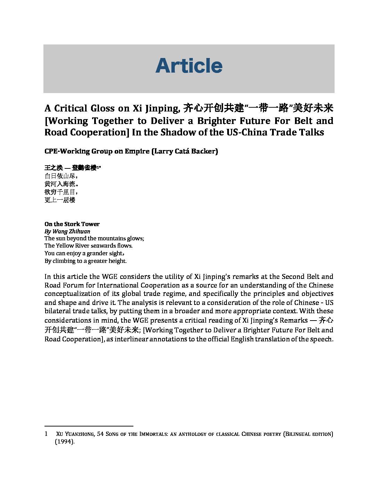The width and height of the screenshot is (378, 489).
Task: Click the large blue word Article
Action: coord(189,66)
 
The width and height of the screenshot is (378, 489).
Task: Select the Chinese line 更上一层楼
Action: coord(60,200)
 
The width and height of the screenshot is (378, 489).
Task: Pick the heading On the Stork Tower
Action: coord(72,224)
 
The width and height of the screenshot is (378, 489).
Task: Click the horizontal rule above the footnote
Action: coord(89,426)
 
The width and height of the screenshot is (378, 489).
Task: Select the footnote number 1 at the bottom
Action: coord(46,434)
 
